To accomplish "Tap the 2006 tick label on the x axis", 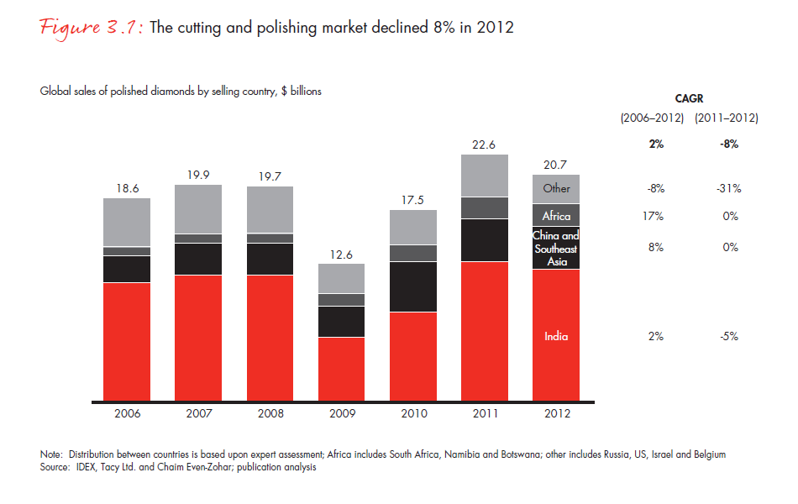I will [127, 413].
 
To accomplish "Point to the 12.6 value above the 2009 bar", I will [341, 254].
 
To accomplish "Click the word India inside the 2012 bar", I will [556, 336].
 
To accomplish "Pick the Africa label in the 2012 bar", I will [556, 216].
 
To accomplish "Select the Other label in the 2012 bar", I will [556, 188].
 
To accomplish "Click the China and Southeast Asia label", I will [556, 249].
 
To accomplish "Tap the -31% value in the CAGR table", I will [728, 188].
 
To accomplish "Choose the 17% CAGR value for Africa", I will [652, 216].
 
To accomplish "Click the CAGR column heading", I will [689, 97].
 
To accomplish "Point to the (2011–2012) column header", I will [727, 118].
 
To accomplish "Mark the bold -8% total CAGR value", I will [728, 144].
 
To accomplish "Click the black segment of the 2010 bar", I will [413, 286].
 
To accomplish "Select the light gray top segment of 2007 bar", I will [198, 209].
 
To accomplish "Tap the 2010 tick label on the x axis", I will [413, 413].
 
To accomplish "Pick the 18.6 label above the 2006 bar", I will [127, 188].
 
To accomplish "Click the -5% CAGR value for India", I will [728, 336].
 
